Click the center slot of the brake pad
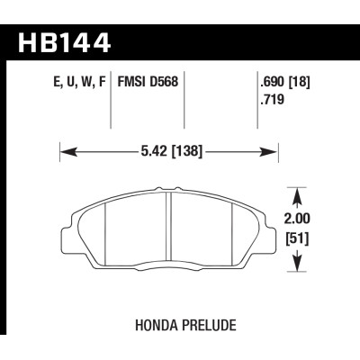pyautogui.click(x=171, y=225)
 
